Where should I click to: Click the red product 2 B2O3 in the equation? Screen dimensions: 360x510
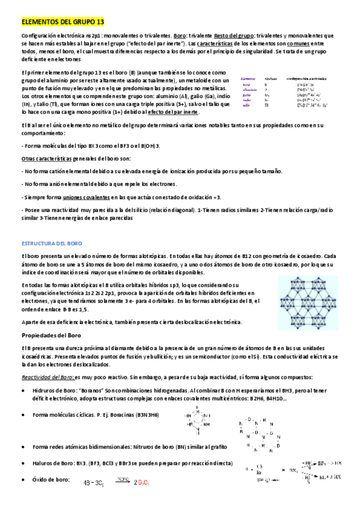pos(141,482)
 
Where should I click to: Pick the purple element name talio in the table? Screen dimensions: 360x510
pos(246,105)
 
